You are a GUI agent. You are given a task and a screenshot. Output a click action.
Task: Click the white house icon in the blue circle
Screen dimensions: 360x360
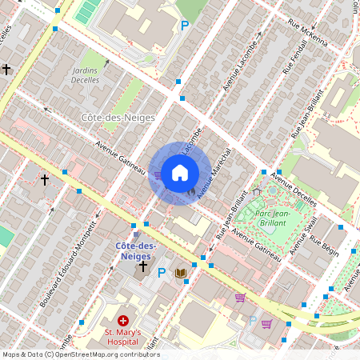click(x=180, y=172)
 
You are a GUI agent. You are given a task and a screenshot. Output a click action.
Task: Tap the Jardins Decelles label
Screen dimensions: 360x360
click(x=86, y=75)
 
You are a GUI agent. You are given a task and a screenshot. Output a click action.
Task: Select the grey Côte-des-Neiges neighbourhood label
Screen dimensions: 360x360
click(x=111, y=117)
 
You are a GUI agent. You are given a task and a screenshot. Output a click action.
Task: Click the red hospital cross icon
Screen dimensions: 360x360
click(x=122, y=320)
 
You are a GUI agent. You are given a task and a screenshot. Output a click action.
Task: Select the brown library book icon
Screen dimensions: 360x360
click(x=182, y=273)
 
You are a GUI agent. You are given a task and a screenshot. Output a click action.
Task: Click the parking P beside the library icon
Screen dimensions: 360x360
click(x=162, y=273)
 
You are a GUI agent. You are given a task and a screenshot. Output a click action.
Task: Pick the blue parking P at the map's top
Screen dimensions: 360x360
click(x=185, y=26)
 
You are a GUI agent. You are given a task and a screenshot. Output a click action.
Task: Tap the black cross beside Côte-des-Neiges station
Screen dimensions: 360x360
click(x=143, y=266)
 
